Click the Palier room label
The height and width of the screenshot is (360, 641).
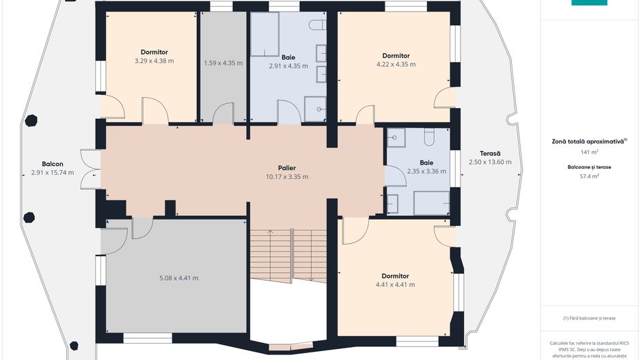[x=286, y=168]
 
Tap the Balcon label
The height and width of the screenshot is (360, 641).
[x=53, y=164]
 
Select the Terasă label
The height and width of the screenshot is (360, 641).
[x=490, y=154]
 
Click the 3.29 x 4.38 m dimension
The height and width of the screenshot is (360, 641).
[x=154, y=61]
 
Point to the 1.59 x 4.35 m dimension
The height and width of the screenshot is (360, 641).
[x=223, y=64]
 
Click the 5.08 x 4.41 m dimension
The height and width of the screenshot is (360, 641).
[x=178, y=278]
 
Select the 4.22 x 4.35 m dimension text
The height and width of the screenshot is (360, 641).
[x=396, y=64]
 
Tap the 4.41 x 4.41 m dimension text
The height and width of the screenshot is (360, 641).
[x=395, y=285]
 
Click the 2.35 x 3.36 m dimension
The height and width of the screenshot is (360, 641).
[x=426, y=171]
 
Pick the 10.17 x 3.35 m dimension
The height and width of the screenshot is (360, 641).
[x=287, y=177]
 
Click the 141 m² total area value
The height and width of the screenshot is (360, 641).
[x=590, y=152]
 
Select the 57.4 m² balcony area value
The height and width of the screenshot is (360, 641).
[x=590, y=176]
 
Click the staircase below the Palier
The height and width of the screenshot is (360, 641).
[x=288, y=255]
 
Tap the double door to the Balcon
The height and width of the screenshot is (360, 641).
[x=91, y=169]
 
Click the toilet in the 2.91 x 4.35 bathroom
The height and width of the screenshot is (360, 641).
[x=317, y=25]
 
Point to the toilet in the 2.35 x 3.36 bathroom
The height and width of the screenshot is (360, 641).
[x=429, y=138]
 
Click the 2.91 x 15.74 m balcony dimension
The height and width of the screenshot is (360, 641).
[x=53, y=173]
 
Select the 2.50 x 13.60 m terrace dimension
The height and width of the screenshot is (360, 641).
[x=490, y=162]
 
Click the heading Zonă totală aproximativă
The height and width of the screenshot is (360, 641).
[x=588, y=141]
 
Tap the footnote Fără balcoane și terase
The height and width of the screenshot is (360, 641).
[x=589, y=318]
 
